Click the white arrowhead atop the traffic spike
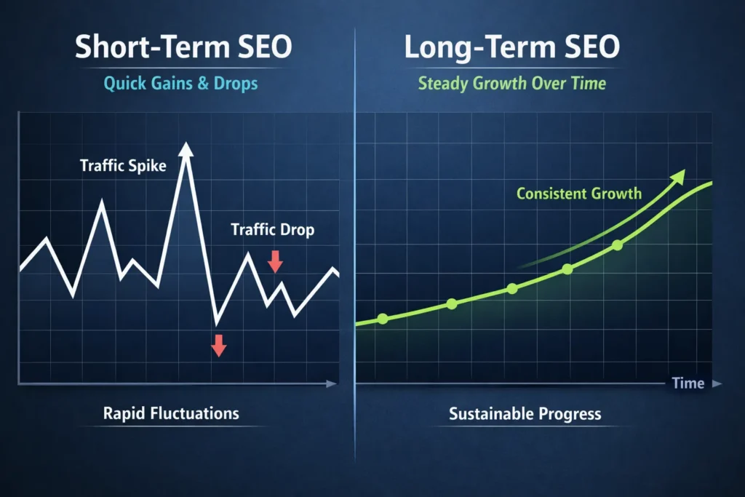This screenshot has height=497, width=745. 187,148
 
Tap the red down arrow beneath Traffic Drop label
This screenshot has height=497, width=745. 275,261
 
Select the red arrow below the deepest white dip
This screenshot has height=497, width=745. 218,345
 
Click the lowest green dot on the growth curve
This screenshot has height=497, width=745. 383,319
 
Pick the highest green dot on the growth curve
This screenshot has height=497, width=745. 618,245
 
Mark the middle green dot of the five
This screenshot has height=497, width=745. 512,288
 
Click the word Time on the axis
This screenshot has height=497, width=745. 688,383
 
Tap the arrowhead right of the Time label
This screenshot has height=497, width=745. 717,383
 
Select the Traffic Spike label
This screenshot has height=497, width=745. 123,166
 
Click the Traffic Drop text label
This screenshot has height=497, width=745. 272,230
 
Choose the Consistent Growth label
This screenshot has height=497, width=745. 579,194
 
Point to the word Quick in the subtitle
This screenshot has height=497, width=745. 124,84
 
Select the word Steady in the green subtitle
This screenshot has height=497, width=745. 444,84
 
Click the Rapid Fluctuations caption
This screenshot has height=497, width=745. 171,413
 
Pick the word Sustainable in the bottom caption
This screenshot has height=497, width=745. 491,414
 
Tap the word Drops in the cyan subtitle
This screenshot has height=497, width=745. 236,84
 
